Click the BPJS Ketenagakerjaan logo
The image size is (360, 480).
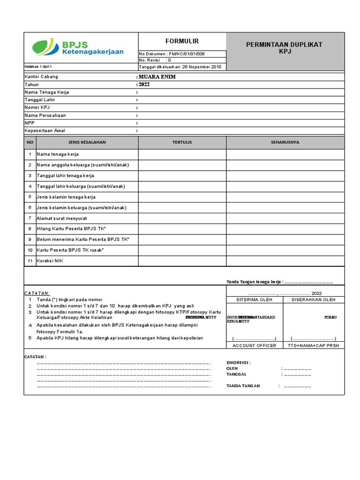tap(78, 47)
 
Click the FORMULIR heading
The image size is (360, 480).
tap(182, 41)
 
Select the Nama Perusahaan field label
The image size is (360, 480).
tap(45, 115)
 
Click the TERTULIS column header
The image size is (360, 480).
tap(182, 142)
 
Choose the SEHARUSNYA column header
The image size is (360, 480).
tap(285, 142)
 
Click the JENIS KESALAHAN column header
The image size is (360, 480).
tap(87, 142)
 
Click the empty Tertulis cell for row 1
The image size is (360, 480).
tap(182, 154)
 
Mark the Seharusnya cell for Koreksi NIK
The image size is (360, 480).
tap(285, 261)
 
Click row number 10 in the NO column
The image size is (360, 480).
tap(30, 250)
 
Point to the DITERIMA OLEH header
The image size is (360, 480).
tap(254, 300)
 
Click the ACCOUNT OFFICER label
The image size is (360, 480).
tap(254, 345)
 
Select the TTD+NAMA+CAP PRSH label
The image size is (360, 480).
tap(314, 345)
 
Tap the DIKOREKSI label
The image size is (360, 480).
tap(239, 362)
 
